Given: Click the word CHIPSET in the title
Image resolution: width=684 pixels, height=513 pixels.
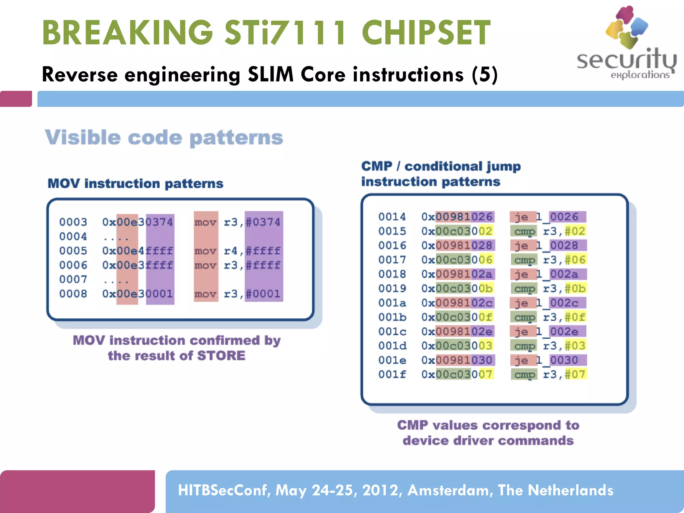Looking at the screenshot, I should (x=426, y=33).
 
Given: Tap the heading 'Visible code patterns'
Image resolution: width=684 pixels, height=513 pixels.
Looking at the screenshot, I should (x=164, y=138).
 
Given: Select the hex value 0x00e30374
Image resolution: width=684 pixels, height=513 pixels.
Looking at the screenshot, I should (x=138, y=222).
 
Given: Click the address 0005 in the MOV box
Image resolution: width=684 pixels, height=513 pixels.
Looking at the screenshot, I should (x=73, y=251).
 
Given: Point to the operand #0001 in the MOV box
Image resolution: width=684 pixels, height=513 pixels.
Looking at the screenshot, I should (x=263, y=294).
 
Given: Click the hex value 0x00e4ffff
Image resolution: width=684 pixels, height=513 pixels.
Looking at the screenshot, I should (x=138, y=251).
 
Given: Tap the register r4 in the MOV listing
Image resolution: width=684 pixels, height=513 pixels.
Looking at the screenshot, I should (x=230, y=251).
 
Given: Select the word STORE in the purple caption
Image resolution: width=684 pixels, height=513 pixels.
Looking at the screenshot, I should (x=221, y=356).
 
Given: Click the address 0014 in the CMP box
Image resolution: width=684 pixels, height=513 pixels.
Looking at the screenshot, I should (x=392, y=217).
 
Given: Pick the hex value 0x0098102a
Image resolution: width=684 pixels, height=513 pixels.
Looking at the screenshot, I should (x=457, y=274).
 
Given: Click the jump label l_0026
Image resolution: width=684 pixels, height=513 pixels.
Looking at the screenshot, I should (x=557, y=217).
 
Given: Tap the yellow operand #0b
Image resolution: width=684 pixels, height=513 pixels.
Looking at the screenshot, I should (x=575, y=289).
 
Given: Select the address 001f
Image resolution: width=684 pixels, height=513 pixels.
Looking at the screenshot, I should (x=392, y=374).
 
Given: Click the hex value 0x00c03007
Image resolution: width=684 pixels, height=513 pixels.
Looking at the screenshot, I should (x=457, y=374).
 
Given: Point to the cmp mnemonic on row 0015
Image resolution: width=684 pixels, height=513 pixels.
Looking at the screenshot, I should (x=524, y=231).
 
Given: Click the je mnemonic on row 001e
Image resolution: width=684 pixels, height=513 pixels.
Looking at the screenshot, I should (x=521, y=360).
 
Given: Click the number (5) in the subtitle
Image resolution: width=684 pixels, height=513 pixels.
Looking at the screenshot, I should (x=485, y=74).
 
